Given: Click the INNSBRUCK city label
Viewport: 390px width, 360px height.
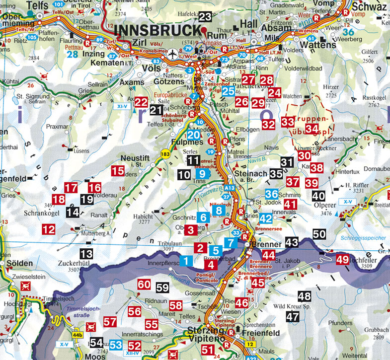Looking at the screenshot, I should click(160, 30).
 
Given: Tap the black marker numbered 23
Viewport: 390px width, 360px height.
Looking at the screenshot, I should click(205, 16).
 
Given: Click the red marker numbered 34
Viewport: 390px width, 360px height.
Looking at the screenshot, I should click(312, 129).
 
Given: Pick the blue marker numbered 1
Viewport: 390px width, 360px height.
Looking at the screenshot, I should click(186, 260).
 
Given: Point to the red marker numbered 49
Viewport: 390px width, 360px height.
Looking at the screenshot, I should click(342, 259).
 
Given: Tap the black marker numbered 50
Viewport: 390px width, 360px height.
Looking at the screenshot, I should click(319, 233).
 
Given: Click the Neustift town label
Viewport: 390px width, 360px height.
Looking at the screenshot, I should click(133, 157).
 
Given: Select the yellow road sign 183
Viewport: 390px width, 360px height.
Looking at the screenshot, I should click(164, 154).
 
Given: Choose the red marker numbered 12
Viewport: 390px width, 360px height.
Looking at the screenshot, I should click(49, 229).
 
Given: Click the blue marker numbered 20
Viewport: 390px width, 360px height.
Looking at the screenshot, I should click(193, 135).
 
